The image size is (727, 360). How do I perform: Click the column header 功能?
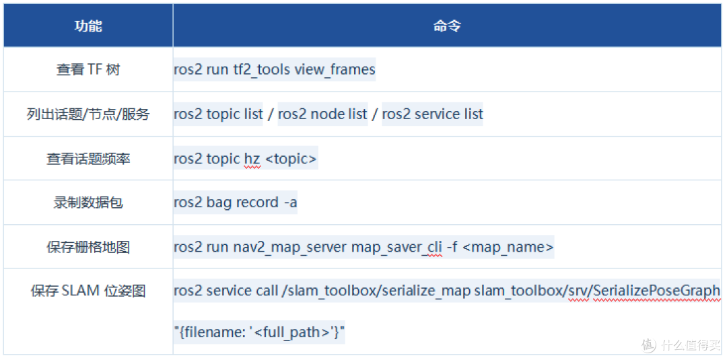(x=88, y=26)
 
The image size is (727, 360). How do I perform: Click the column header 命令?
(x=447, y=26)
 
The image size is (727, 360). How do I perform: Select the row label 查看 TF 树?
(x=88, y=69)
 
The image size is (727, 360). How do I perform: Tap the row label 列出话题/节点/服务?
(x=88, y=114)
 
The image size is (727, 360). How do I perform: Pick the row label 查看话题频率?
(x=88, y=158)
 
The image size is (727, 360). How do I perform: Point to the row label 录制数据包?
(x=88, y=203)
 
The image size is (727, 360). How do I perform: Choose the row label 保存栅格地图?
(x=88, y=247)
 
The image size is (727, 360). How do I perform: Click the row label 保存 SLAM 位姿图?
(x=88, y=291)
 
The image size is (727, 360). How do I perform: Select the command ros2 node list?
(x=322, y=114)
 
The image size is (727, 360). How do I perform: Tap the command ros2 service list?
(x=433, y=114)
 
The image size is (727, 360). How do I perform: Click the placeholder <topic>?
(x=291, y=159)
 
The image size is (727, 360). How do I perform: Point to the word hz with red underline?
(x=252, y=159)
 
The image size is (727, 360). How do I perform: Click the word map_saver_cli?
(x=396, y=248)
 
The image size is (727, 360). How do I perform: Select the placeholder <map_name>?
(x=508, y=248)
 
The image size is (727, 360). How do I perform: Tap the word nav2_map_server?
(x=289, y=248)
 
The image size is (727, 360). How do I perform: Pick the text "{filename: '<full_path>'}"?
(x=260, y=332)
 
